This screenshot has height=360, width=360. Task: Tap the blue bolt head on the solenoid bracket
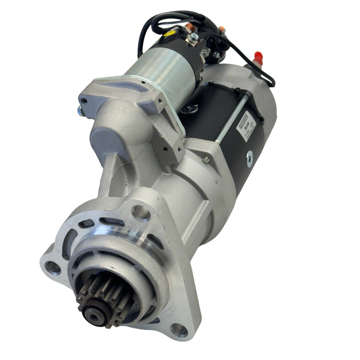coord(79,110)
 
